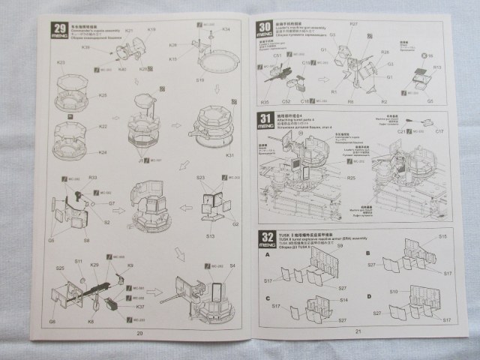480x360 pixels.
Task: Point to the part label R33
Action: tap(93, 178)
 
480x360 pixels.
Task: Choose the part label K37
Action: tap(140, 307)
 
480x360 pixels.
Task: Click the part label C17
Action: tap(439, 132)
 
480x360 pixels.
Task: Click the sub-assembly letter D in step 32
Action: tap(370, 295)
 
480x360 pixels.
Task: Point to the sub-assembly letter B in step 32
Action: tap(370, 254)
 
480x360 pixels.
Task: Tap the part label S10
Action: tap(393, 291)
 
